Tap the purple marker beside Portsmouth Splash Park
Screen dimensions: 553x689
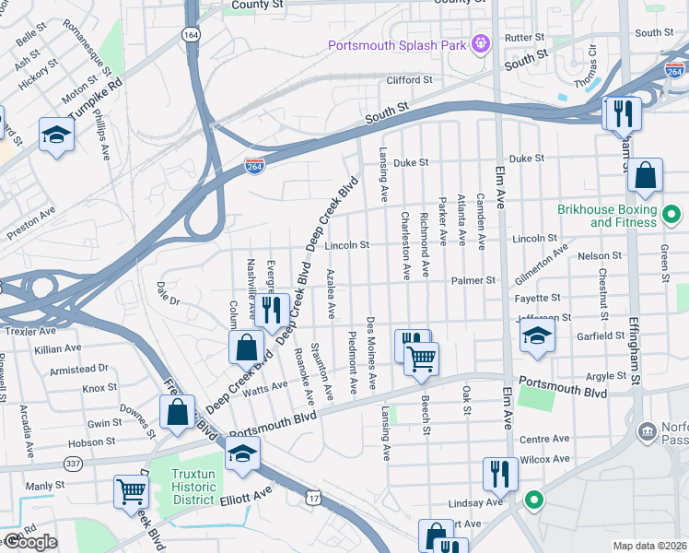[479, 42]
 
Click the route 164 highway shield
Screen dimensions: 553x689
[191, 34]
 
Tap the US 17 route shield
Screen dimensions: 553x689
[315, 497]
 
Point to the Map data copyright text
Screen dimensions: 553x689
[650, 546]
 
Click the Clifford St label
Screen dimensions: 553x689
[409, 80]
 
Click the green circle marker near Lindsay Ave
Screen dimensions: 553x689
[532, 501]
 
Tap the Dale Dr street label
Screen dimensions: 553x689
[168, 294]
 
